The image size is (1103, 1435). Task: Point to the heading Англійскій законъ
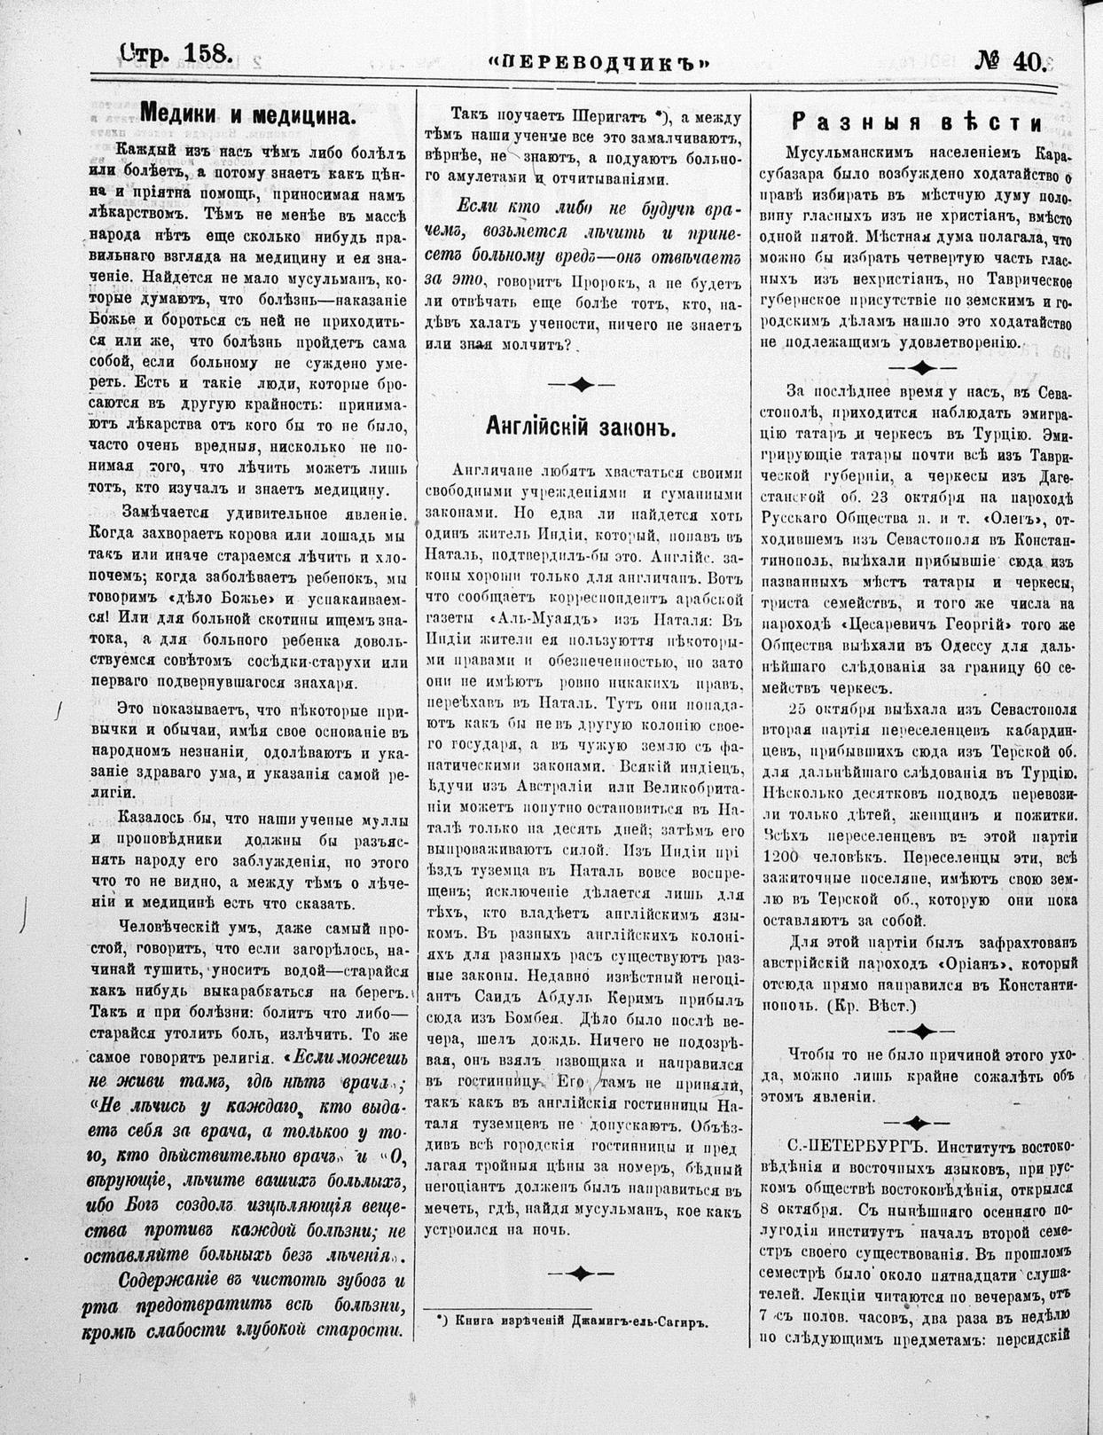pos(581,427)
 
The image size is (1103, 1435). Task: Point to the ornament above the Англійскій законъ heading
pos(581,384)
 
